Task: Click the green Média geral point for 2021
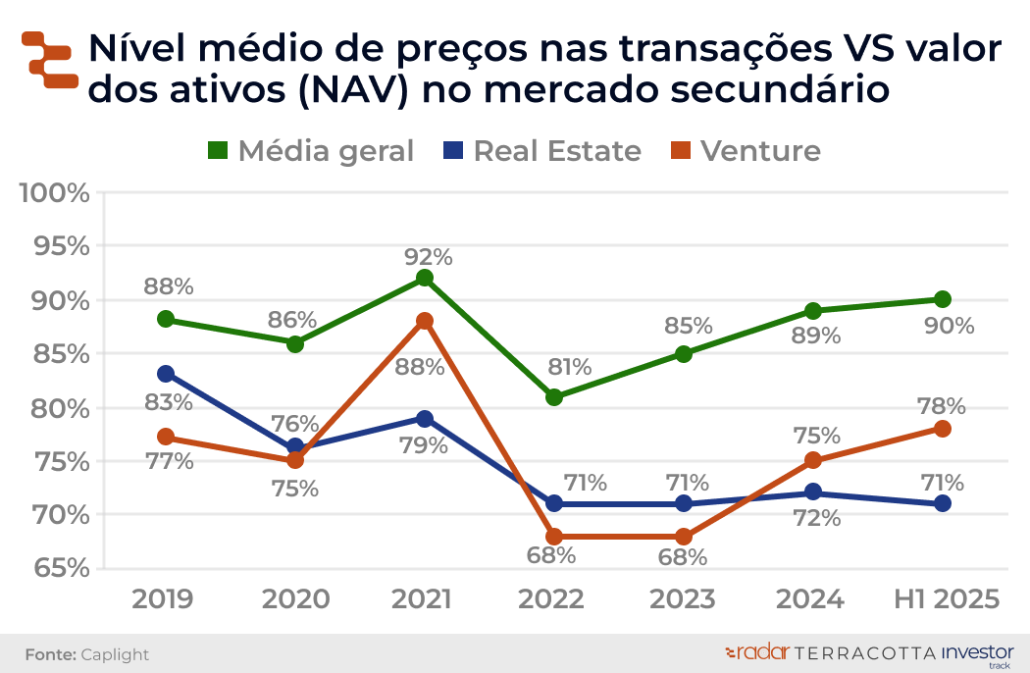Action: pyautogui.click(x=425, y=278)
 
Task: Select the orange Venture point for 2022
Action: pyautogui.click(x=554, y=537)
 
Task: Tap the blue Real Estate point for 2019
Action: pyautogui.click(x=166, y=374)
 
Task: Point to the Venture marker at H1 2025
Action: pyautogui.click(x=943, y=429)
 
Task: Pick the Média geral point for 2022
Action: pyautogui.click(x=554, y=397)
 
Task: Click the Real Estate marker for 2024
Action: pyautogui.click(x=813, y=492)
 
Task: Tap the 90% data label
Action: pyautogui.click(x=950, y=326)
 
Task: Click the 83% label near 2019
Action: pyautogui.click(x=169, y=402)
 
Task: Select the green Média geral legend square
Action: pyautogui.click(x=218, y=151)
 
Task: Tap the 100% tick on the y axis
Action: pyautogui.click(x=55, y=192)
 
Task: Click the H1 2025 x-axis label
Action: pyautogui.click(x=947, y=599)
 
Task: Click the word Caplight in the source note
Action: pyautogui.click(x=115, y=654)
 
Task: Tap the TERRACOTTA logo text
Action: pyautogui.click(x=863, y=652)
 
